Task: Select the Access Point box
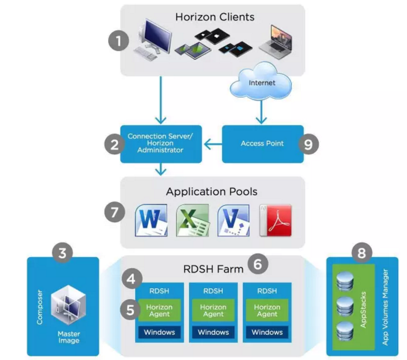[x=263, y=143]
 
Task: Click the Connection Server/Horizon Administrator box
[x=161, y=143]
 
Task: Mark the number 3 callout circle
[x=63, y=254]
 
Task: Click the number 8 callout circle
[x=363, y=254]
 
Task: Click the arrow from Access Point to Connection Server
[x=212, y=144]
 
